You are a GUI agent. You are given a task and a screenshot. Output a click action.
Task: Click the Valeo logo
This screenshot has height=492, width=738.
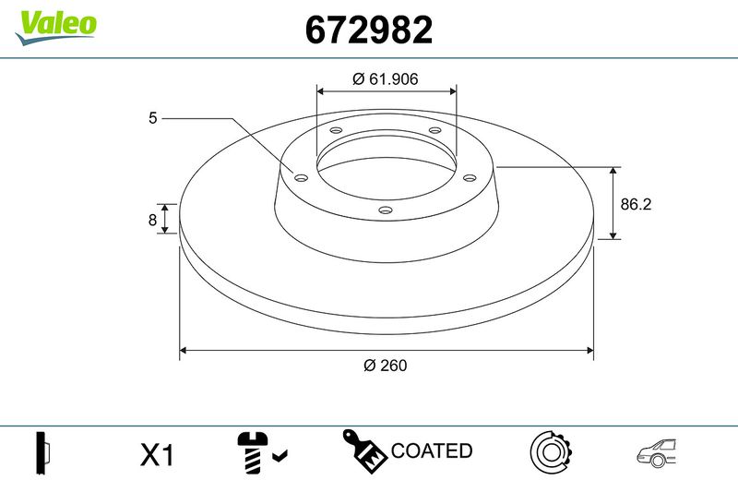coord(56,27)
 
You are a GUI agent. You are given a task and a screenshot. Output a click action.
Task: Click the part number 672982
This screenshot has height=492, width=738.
coord(368,30)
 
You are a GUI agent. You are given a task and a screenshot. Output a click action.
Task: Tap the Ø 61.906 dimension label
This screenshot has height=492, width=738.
coord(385,78)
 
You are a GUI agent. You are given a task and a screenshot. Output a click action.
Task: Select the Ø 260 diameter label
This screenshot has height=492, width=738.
coord(385,365)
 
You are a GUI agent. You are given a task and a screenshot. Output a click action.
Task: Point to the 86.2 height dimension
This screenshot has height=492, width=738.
coord(636,204)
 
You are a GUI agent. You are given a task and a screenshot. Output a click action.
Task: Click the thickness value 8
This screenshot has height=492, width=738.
coord(152,220)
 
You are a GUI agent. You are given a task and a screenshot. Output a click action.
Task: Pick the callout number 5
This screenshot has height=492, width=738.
coord(152,118)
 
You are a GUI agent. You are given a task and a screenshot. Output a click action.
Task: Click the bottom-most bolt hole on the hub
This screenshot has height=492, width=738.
coord(386,210)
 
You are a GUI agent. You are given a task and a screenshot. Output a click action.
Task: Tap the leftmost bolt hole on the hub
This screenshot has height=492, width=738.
coord(301,178)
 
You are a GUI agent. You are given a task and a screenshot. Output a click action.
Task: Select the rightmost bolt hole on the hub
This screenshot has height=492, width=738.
coord(470,177)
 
